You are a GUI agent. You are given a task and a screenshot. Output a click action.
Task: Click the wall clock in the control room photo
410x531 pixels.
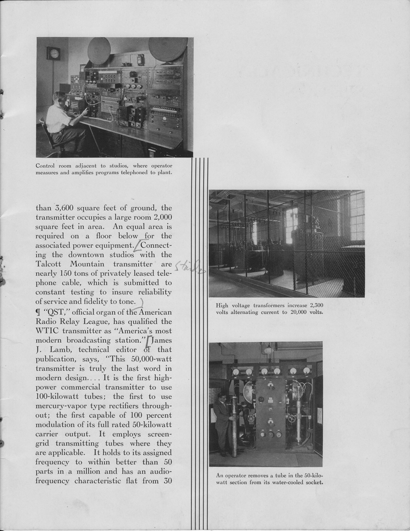[x=53, y=53]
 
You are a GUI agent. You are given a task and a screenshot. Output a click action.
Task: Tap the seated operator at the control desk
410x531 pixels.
[x=61, y=122]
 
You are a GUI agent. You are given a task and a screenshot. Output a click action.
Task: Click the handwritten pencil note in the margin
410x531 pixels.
[x=190, y=268]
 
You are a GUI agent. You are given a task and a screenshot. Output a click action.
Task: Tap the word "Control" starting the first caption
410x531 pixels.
[x=48, y=166]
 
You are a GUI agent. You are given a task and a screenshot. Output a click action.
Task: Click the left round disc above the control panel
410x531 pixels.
[x=99, y=51]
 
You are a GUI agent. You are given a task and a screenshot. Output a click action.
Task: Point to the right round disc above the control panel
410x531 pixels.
[x=168, y=49]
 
